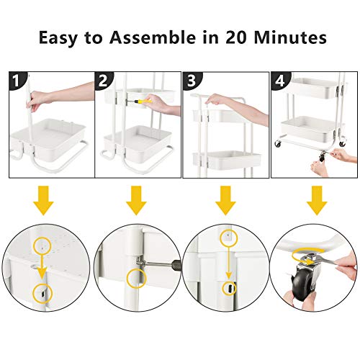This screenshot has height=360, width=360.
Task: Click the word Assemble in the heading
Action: point(153,37)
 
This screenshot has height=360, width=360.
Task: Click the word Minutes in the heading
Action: point(290,37)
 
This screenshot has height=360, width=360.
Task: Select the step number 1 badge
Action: point(17,81)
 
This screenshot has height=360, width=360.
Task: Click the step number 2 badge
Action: point(103,81)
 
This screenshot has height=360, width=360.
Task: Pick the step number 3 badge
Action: point(192,81)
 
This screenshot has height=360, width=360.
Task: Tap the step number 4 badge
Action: point(280,81)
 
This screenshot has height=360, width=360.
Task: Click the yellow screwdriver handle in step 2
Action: point(143,101)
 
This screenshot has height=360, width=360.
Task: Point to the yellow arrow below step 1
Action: point(43,201)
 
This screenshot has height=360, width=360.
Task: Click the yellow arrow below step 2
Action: point(136,201)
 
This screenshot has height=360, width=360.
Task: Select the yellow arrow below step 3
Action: point(225,201)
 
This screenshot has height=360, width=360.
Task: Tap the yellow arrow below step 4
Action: point(317,201)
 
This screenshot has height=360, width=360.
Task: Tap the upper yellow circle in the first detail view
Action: point(42,245)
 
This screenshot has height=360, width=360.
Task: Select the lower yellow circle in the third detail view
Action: point(230,288)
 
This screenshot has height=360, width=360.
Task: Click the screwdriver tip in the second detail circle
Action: point(145,264)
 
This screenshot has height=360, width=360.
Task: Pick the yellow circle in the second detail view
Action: point(136,278)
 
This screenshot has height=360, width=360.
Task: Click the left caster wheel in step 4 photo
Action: point(278,143)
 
